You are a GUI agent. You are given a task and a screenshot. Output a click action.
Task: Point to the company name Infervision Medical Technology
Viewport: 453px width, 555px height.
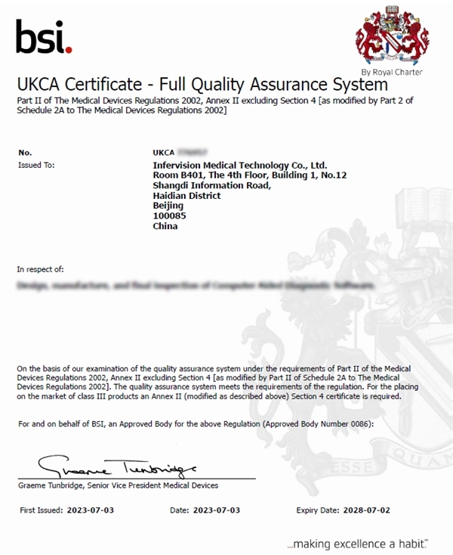[x=239, y=164]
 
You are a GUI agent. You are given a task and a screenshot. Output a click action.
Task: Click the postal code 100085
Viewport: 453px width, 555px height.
[x=169, y=215]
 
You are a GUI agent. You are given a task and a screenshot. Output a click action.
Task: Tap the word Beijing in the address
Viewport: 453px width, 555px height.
[x=168, y=206]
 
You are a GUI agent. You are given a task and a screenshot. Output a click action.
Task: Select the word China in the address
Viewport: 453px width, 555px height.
[x=165, y=226]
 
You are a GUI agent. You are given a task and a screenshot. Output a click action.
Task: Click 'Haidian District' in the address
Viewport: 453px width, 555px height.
[x=186, y=195]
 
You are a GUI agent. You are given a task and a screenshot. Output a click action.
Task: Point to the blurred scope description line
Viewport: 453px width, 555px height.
[x=195, y=287]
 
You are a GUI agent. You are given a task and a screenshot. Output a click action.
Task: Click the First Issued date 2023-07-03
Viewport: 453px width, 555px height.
[x=90, y=511]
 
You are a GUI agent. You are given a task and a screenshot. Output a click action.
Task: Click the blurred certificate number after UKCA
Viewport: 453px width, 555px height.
[x=191, y=152]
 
